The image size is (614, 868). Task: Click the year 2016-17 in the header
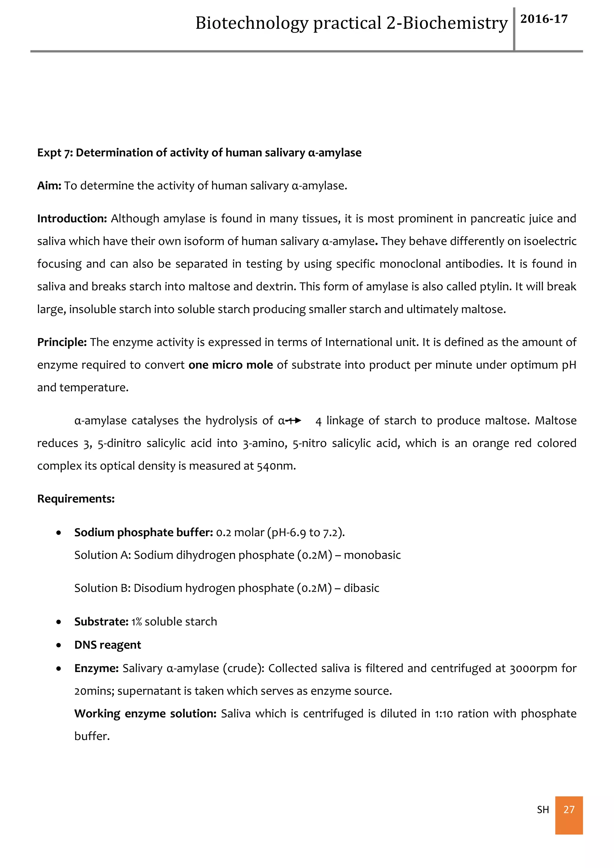544,19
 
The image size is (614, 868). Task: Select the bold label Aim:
49,186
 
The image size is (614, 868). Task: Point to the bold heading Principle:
62,342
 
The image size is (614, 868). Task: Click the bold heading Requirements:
76,499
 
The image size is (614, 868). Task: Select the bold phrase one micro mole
231,365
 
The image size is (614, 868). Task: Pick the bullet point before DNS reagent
58,645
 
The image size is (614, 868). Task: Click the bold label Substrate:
101,622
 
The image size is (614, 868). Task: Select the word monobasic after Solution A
372,555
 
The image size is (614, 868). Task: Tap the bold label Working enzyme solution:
145,714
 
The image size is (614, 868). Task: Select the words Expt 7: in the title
55,153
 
